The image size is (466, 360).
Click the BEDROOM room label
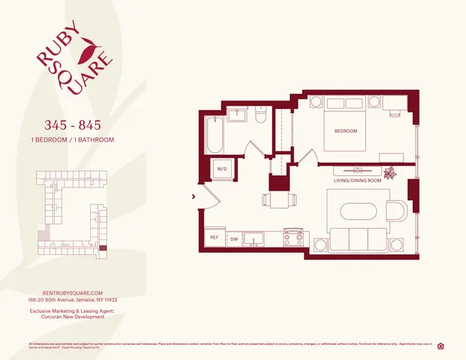click(x=345, y=131)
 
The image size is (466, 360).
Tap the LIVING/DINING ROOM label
click(x=358, y=180)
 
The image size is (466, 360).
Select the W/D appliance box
click(x=222, y=169)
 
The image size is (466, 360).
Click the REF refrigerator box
click(x=214, y=238)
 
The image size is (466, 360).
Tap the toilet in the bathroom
click(x=260, y=116)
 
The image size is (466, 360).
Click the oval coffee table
click(x=362, y=209)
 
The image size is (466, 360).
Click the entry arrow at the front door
click(x=195, y=196)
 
